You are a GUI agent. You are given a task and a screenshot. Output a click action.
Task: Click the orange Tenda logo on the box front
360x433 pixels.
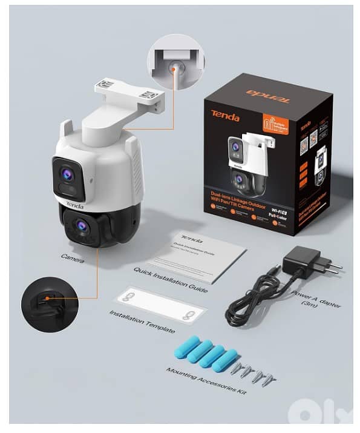pos(225,117)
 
